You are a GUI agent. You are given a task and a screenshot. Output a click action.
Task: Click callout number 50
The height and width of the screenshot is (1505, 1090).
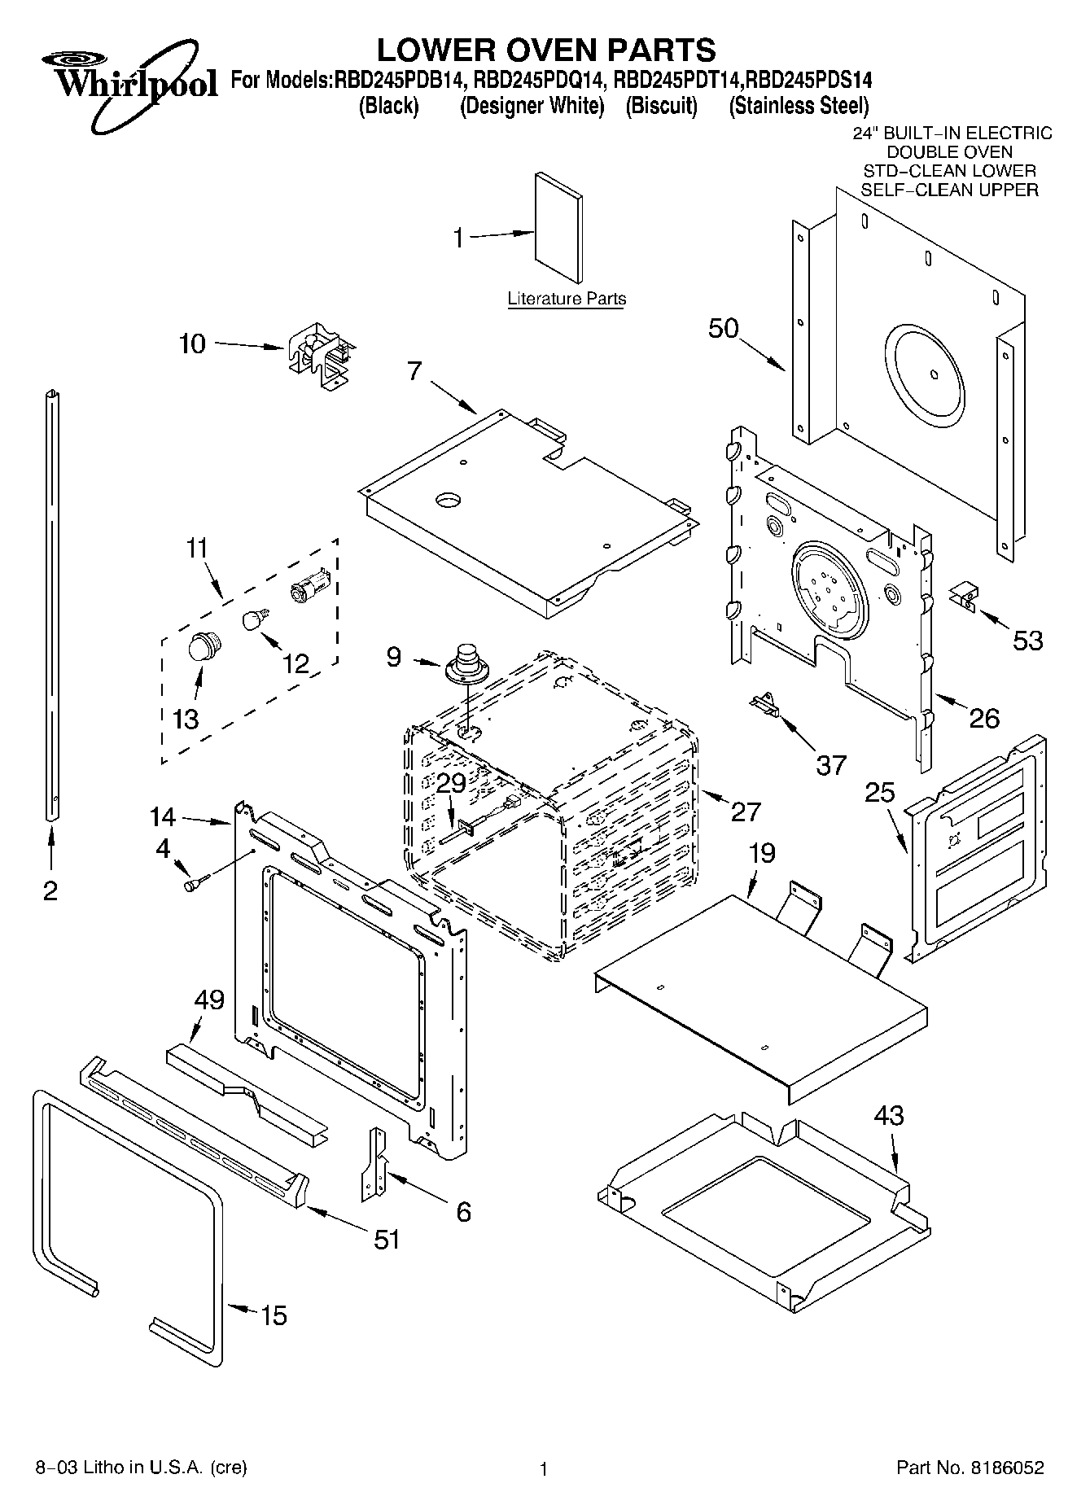723,328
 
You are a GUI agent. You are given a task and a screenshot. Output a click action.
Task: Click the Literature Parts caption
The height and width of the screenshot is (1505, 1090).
567,299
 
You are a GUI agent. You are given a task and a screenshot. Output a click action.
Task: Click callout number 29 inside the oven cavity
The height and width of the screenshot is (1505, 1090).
450,783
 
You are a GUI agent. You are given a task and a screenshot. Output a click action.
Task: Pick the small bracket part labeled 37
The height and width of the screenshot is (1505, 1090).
764,702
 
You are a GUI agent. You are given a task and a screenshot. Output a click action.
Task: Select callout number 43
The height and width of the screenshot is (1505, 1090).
888,1114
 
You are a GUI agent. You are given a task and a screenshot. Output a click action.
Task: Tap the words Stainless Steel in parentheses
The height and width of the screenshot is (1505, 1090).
799,106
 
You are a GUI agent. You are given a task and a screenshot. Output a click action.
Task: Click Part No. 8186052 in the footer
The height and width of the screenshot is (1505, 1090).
970,1468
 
